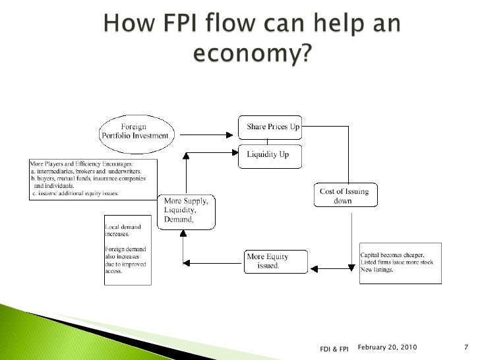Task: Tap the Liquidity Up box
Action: tap(270, 155)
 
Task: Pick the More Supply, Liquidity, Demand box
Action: tap(186, 211)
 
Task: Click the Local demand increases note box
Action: tap(127, 249)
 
